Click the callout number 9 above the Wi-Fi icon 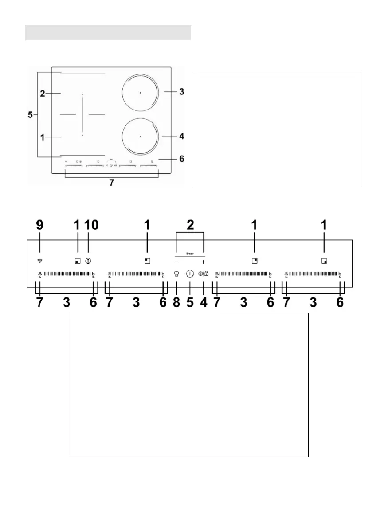[x=40, y=225]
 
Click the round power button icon [x=190, y=274]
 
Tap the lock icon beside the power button [x=205, y=274]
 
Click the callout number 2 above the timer [x=190, y=225]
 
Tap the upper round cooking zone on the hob [x=139, y=93]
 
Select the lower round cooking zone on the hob [x=139, y=137]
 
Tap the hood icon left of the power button [x=176, y=274]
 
